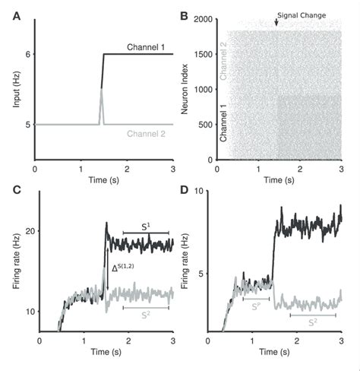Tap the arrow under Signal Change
tap(276, 25)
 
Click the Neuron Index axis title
tap(185, 88)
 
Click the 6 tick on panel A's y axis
tap(28, 54)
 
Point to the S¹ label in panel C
tap(146, 225)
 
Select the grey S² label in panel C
tap(146, 312)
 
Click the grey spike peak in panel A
tap(102, 90)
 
